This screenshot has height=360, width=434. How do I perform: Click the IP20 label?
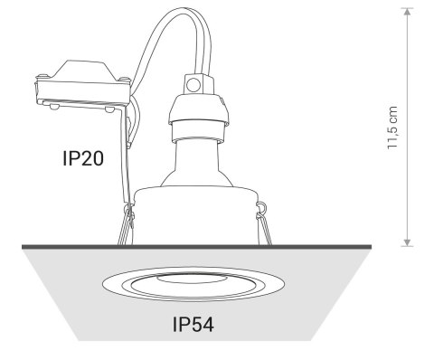tap(83, 158)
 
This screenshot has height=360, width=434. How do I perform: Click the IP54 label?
tap(193, 325)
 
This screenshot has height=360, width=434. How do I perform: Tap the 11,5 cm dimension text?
tap(392, 128)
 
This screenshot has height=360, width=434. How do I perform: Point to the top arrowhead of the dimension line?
tap(407, 12)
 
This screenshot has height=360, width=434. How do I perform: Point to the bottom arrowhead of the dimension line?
tap(407, 242)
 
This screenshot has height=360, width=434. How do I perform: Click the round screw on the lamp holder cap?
tap(193, 84)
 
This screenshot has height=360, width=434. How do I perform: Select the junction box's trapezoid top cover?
tap(84, 71)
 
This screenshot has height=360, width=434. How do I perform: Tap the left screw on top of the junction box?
tap(42, 75)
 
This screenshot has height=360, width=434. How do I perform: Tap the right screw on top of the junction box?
tap(124, 80)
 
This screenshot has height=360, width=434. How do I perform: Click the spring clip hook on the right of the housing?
tap(260, 206)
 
